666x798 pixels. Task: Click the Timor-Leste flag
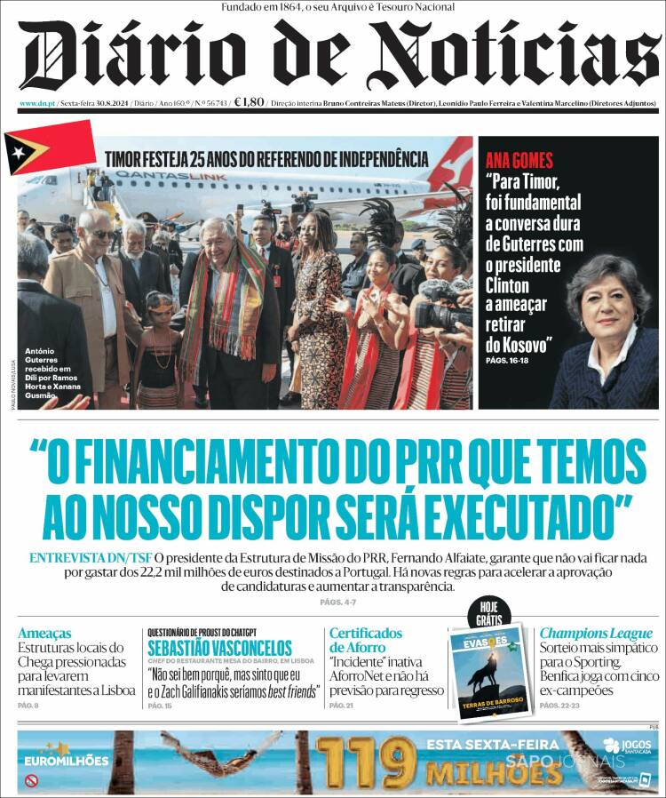pos(49,148)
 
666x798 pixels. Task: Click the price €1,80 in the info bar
pos(250,102)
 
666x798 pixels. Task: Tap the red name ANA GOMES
pos(519,161)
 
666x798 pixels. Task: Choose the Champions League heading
pos(596,634)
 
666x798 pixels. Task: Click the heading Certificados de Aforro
pos(366,640)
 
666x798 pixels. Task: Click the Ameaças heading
pos(44,634)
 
